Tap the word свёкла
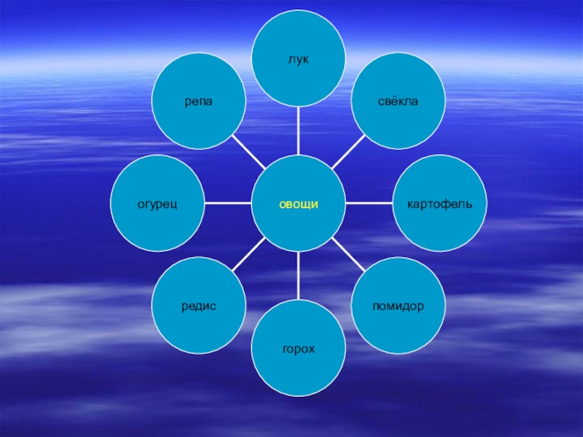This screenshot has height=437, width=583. coord(398,101)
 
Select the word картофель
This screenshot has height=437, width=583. coord(439,202)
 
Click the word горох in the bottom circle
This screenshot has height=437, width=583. coord(299,350)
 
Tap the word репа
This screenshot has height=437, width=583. coord(198,101)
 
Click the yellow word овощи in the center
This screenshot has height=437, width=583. coord(299,204)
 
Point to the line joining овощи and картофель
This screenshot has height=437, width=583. coord(369,202)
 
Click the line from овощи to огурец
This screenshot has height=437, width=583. coord(227,202)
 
